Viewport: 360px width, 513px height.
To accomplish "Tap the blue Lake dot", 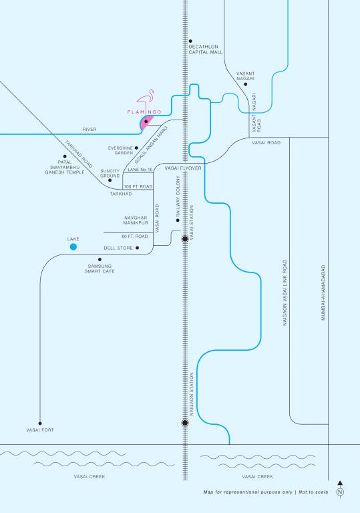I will pyautogui.click(x=73, y=247).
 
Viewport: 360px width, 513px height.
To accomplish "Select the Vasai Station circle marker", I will pyautogui.click(x=185, y=237).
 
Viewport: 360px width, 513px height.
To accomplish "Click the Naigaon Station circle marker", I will pyautogui.click(x=185, y=422).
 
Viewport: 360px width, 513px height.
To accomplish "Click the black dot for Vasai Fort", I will pyautogui.click(x=40, y=423).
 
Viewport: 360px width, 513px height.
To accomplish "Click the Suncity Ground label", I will pyautogui.click(x=110, y=173).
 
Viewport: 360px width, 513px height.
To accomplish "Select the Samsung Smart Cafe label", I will pyautogui.click(x=101, y=268).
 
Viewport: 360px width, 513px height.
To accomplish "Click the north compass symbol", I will pyautogui.click(x=341, y=490).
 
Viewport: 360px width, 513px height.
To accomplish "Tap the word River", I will pyautogui.click(x=89, y=130).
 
